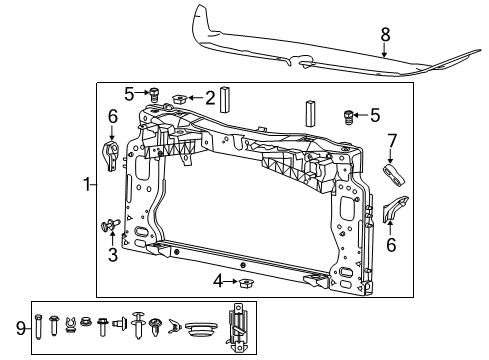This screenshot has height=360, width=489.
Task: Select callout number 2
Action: (x=210, y=98)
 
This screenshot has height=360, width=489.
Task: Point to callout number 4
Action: (x=216, y=281)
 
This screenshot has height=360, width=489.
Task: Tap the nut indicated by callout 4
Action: (x=244, y=281)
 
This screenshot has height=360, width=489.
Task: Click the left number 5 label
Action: (x=128, y=95)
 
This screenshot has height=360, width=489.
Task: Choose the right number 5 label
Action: (x=375, y=115)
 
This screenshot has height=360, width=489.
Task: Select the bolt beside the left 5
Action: (x=155, y=94)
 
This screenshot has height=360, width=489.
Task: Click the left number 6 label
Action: (x=112, y=119)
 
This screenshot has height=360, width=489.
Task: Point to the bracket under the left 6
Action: (x=112, y=154)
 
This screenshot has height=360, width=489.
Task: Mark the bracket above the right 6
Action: (x=392, y=210)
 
